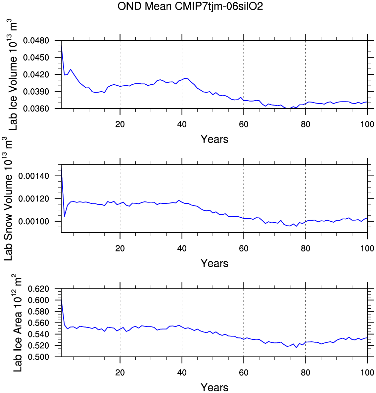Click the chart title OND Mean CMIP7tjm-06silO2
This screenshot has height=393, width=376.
click(190, 6)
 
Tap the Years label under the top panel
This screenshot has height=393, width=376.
click(214, 139)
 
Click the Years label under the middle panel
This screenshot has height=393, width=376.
click(214, 263)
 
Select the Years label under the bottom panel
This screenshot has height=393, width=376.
click(214, 387)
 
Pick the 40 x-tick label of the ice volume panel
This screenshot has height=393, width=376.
click(182, 124)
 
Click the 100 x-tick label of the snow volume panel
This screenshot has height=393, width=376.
click(367, 248)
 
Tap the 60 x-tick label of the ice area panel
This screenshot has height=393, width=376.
click(244, 372)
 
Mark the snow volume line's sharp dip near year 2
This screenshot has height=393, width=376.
click(65, 216)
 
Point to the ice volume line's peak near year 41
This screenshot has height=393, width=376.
click(185, 78)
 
